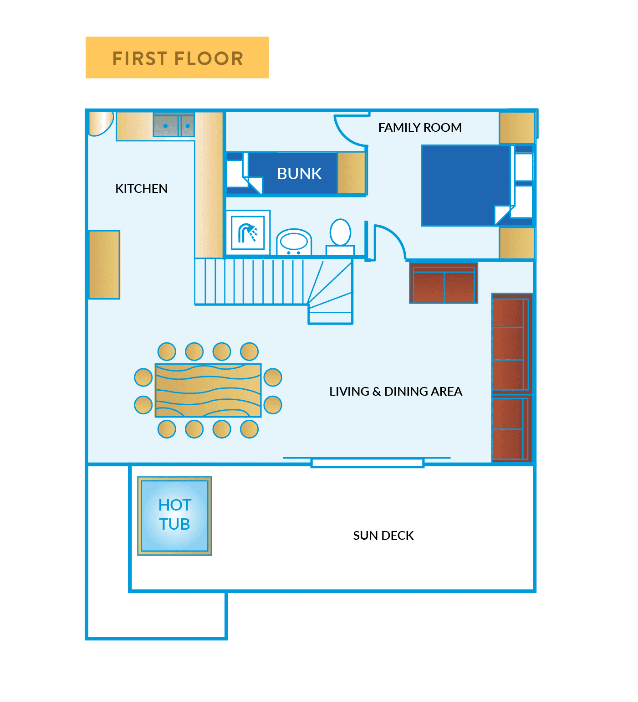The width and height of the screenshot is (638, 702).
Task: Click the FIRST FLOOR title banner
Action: pos(177,58)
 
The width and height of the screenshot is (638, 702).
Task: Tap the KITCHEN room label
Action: pos(141,189)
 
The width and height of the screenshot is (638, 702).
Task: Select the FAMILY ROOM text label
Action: pos(419,128)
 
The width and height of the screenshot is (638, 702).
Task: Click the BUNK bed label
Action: pos(299,174)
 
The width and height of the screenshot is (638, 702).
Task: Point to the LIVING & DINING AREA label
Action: pos(395,392)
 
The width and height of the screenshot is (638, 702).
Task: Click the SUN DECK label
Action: pos(383,536)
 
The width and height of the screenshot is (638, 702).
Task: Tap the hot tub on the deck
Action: pos(174,516)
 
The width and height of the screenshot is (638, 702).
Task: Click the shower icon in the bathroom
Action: pos(248,233)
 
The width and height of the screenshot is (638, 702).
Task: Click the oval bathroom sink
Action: pos(294,242)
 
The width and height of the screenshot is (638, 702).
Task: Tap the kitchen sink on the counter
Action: pos(174,125)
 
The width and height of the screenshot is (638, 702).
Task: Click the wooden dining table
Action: pos(208,390)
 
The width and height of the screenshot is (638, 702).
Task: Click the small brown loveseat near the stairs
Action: pos(443,284)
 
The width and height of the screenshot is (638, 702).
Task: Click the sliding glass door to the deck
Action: pos(367,463)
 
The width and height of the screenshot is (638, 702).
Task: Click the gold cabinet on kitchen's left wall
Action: pos(104,264)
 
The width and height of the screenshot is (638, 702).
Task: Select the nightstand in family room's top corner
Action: pos(516,128)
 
